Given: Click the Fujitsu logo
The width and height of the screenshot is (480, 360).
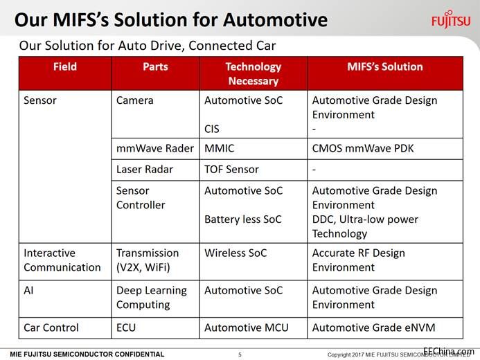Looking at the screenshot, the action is [451, 19].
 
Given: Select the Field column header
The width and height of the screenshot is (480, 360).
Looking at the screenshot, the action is [65, 66].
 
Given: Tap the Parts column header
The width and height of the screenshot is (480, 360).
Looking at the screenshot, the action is [156, 66].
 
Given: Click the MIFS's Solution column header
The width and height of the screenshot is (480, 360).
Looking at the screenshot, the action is [385, 66].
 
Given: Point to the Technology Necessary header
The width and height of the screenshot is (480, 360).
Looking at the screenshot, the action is [254, 73].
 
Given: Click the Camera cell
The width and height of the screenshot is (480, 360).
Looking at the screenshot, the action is [134, 100].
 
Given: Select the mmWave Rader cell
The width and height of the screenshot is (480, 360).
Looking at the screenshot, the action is [155, 148].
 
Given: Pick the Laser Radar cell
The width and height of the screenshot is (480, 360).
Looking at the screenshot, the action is [145, 169].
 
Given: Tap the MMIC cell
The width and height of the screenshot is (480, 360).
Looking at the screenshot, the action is [219, 148].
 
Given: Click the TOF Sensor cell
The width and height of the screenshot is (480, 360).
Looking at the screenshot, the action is [232, 169].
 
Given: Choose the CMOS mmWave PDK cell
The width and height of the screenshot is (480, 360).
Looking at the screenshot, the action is [363, 148].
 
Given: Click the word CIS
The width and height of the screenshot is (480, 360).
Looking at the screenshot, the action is [212, 129].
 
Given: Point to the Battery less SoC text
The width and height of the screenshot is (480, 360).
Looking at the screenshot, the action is [243, 219].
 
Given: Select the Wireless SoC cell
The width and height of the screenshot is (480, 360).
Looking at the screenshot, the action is [235, 253].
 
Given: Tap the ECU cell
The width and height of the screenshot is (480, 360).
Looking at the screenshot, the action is [126, 327].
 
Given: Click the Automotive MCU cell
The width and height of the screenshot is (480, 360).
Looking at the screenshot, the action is [247, 327].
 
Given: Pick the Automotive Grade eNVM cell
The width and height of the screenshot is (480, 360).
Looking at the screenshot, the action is [374, 327].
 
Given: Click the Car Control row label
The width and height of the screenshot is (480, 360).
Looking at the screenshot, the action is [51, 327].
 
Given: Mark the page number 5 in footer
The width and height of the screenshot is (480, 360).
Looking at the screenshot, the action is [240, 354].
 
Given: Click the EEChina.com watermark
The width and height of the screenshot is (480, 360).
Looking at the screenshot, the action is [449, 351].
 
